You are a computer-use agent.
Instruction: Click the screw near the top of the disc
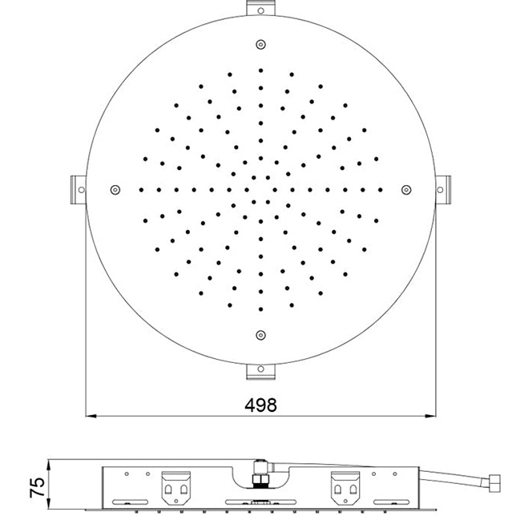[260, 44]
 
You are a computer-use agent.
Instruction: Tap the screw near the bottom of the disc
[260, 334]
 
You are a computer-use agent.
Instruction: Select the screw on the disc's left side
[115, 189]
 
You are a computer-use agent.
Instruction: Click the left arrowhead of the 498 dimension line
[91, 416]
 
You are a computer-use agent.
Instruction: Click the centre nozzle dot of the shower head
[260, 189]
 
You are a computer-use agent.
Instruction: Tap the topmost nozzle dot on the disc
[260, 70]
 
